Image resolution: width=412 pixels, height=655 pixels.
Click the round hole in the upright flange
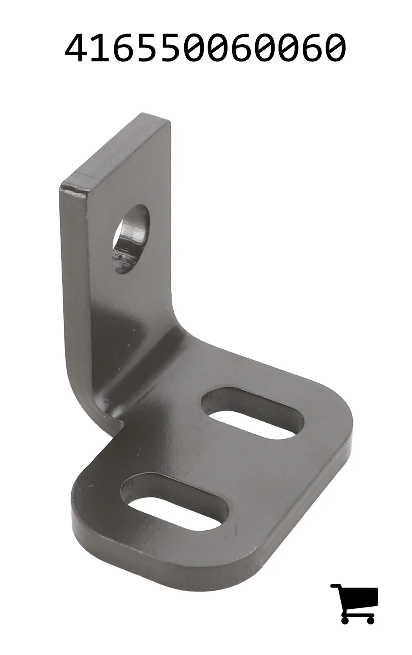[x=131, y=239]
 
